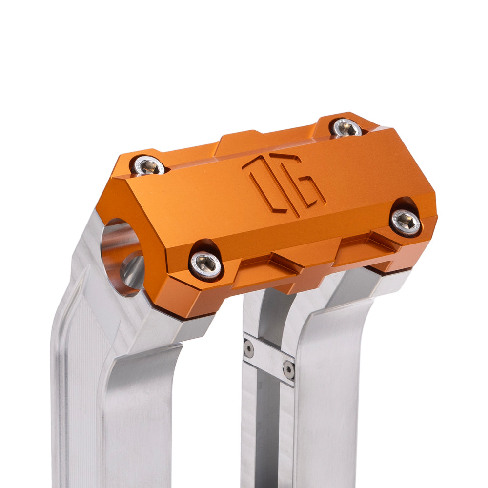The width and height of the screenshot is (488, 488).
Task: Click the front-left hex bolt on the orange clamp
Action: [205, 264]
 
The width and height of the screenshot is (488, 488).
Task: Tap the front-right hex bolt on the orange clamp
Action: [406, 222]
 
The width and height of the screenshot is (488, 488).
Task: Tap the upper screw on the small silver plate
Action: [249, 348]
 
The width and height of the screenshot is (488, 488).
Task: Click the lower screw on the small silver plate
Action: [289, 370]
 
